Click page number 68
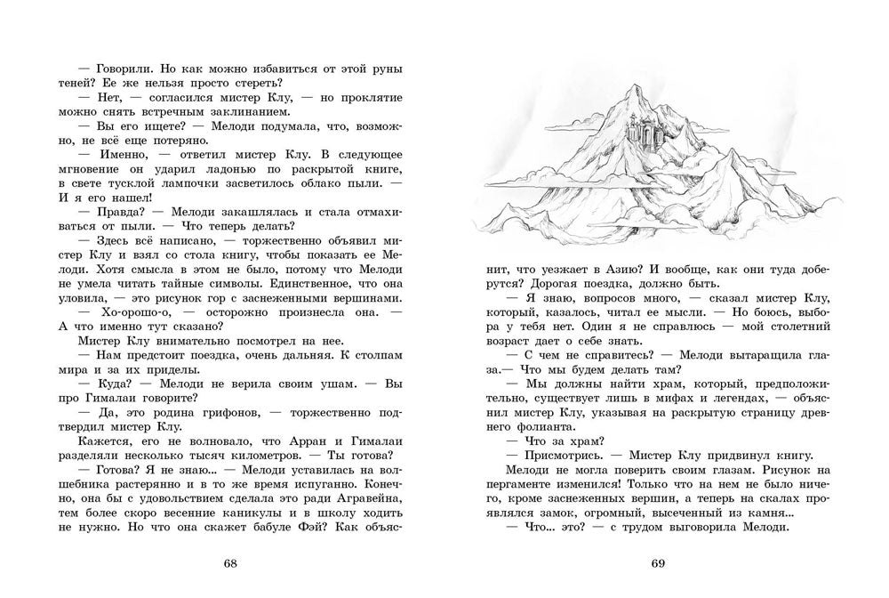(231, 563)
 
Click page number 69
(658, 563)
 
